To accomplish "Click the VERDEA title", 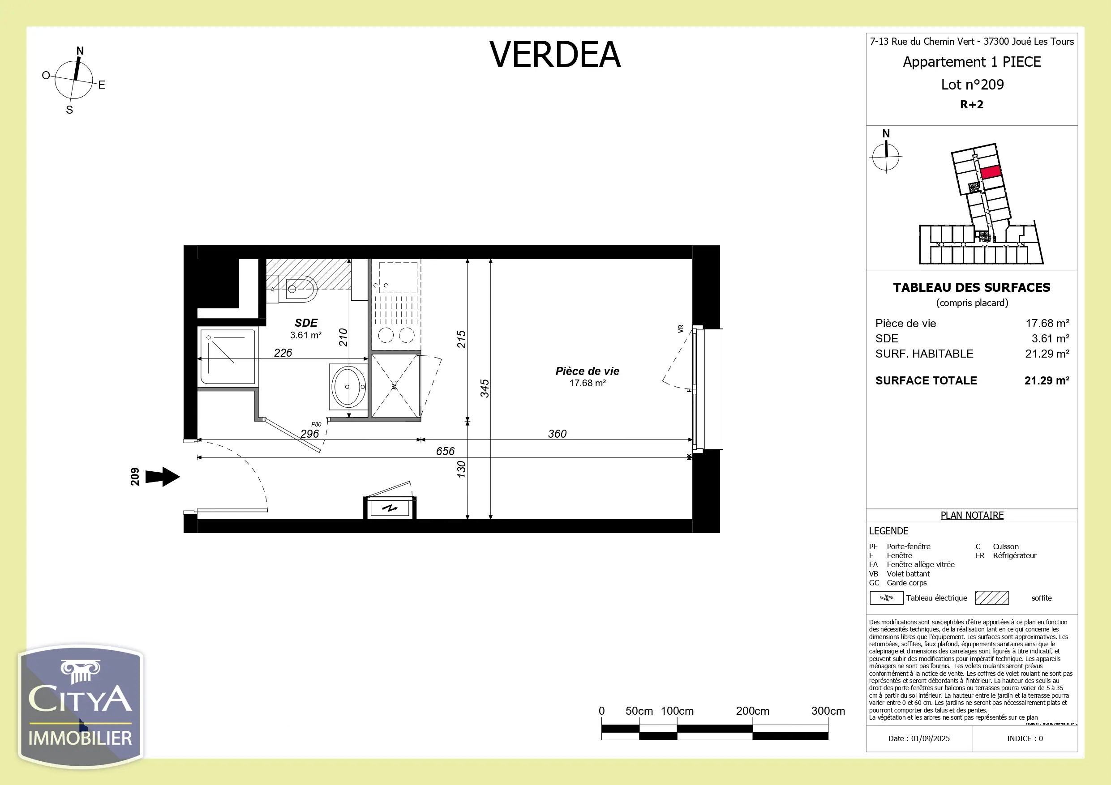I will click(x=554, y=54).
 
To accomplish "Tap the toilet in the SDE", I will click(x=296, y=289).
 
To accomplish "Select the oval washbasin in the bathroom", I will click(x=348, y=386).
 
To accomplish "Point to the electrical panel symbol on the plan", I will click(x=390, y=508).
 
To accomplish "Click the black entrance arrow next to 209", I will click(x=163, y=477).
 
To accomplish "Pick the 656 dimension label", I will click(x=445, y=451).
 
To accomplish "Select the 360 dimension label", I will click(x=557, y=433).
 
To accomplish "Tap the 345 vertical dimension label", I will click(x=485, y=388).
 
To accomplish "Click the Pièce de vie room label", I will click(x=587, y=371).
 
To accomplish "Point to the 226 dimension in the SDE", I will click(x=283, y=353).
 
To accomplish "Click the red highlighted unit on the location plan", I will click(x=991, y=172).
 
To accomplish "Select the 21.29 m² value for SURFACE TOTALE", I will click(x=1047, y=381).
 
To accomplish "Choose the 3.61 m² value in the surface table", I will click(x=1050, y=339).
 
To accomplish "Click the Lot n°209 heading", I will click(x=972, y=85).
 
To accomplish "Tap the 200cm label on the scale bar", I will click(x=752, y=711).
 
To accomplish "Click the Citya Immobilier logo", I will click(x=80, y=706).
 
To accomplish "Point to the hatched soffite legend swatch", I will click(x=991, y=598).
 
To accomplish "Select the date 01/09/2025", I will click(x=930, y=738).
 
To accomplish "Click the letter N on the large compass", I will click(x=80, y=51).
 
